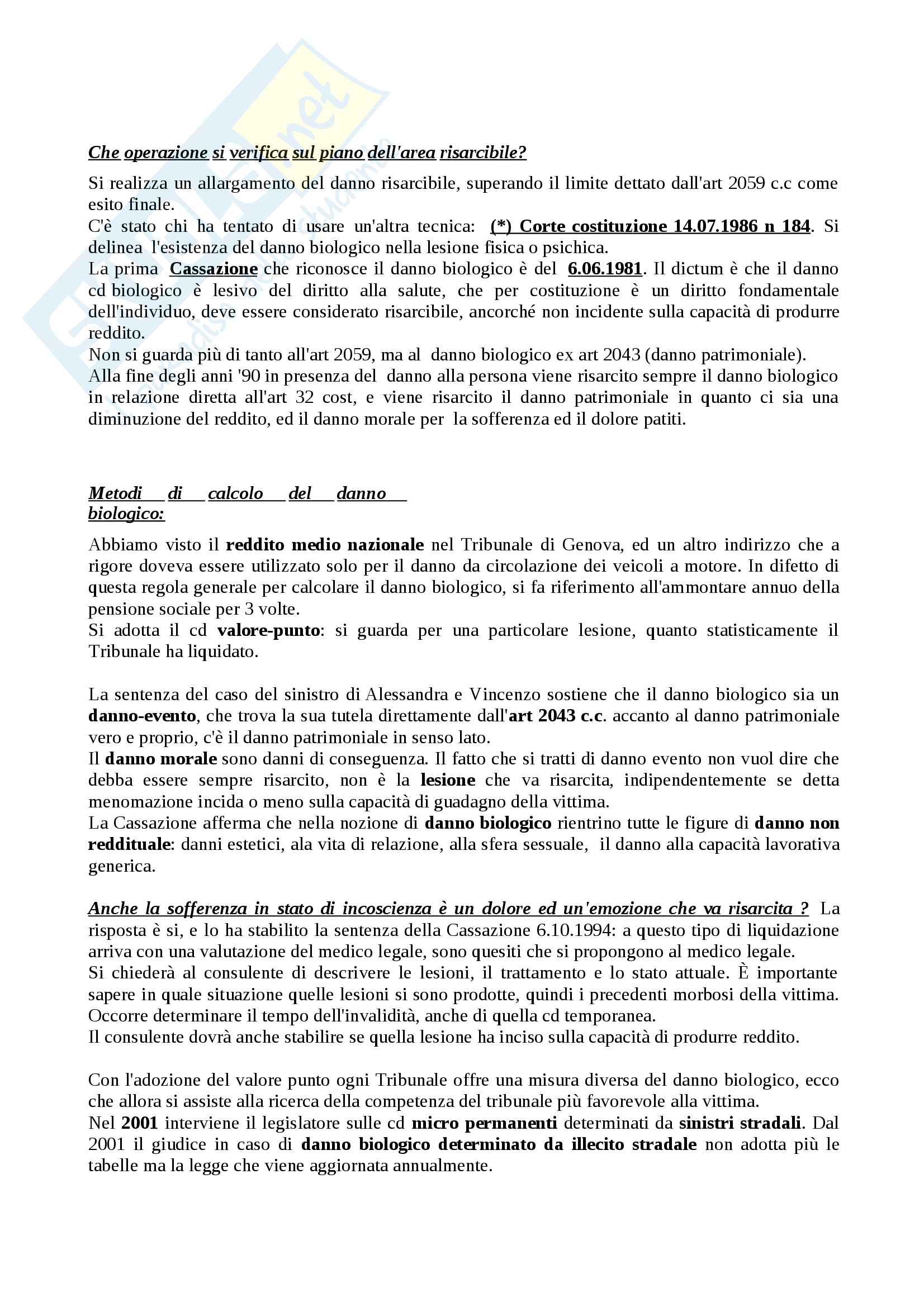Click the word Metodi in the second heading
click(x=115, y=492)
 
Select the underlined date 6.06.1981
click(x=605, y=269)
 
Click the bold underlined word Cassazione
click(x=214, y=269)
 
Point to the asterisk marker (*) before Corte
click(x=501, y=226)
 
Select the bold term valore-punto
click(x=268, y=630)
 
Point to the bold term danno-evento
click(x=143, y=716)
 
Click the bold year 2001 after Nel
click(x=140, y=1123)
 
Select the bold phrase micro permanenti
click(x=484, y=1123)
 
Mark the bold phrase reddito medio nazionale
click(x=325, y=545)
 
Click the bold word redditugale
click(x=129, y=844)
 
